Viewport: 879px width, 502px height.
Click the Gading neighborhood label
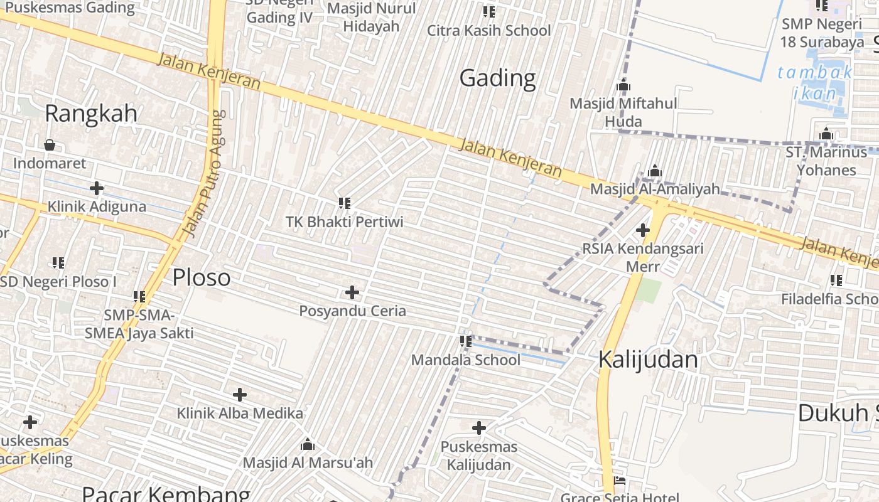pyautogui.click(x=497, y=78)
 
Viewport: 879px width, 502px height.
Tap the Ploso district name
pyautogui.click(x=202, y=277)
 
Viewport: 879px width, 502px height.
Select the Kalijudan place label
pyautogui.click(x=647, y=360)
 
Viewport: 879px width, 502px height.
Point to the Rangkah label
pyautogui.click(x=91, y=114)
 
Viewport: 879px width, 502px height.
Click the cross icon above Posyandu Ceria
pyautogui.click(x=352, y=292)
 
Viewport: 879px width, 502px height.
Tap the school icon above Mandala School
pyautogui.click(x=465, y=341)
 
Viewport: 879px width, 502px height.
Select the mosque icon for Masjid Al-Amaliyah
pyautogui.click(x=655, y=171)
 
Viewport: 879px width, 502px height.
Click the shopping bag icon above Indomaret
pyautogui.click(x=50, y=146)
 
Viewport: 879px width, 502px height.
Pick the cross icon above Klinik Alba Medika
pyautogui.click(x=239, y=395)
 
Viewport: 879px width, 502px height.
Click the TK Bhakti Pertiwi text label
pyautogui.click(x=344, y=222)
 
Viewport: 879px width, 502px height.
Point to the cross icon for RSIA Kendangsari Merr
pyautogui.click(x=642, y=230)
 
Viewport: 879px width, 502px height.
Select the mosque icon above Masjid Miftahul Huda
pyautogui.click(x=623, y=85)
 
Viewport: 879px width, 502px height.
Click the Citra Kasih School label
pyautogui.click(x=488, y=30)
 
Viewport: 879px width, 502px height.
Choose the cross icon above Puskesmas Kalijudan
pyautogui.click(x=478, y=428)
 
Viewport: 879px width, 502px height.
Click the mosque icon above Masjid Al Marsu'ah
pyautogui.click(x=308, y=445)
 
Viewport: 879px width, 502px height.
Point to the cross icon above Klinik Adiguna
pyautogui.click(x=97, y=188)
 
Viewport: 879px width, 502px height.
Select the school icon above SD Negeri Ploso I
pyautogui.click(x=58, y=262)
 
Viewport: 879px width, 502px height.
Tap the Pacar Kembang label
pyautogui.click(x=166, y=494)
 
